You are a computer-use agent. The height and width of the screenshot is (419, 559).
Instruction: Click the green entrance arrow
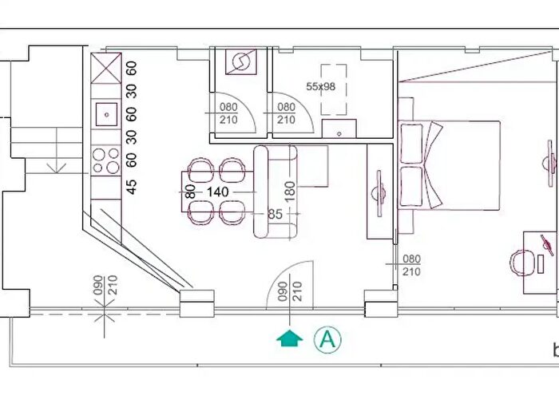coord(289,338)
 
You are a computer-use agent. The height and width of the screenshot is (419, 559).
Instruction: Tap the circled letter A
coord(327,339)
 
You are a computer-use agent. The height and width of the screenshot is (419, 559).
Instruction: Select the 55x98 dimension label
coord(320,86)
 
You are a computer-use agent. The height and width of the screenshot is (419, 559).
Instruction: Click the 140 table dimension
coord(217,192)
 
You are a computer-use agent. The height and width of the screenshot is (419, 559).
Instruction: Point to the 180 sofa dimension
coord(291,191)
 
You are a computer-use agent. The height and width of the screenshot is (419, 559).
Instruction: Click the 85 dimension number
coord(275,214)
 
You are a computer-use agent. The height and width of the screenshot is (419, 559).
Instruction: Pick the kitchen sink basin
coord(106,115)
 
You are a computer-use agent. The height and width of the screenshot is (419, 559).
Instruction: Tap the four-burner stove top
coord(106,161)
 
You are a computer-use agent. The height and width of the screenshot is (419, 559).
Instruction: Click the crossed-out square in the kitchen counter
coord(106,68)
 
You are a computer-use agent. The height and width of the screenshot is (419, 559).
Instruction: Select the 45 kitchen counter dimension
coord(132,187)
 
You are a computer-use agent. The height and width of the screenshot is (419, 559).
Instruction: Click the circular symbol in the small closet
coord(241,62)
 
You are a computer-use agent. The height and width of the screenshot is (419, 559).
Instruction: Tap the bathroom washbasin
coord(339,128)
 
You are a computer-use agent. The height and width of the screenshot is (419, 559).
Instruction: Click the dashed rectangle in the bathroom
coord(333,89)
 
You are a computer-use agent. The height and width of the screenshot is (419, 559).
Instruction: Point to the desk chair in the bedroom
coord(521,263)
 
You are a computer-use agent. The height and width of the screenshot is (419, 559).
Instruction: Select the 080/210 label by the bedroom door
coord(411,265)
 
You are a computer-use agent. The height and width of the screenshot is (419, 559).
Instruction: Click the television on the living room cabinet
coord(379,193)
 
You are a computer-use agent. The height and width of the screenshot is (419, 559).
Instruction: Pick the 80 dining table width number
coord(191,192)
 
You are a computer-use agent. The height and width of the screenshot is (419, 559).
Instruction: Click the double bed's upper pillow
coord(412,144)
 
